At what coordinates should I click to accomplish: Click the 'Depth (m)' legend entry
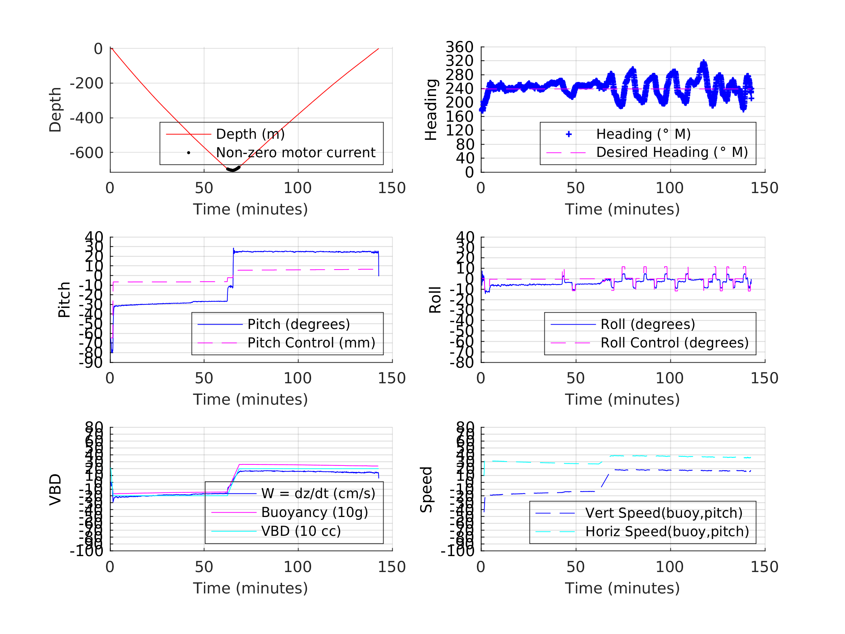tap(250, 134)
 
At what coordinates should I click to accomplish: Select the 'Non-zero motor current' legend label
tap(296, 153)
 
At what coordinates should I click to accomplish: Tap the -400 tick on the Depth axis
tap(86, 118)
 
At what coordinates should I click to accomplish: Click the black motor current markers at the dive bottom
tap(233, 169)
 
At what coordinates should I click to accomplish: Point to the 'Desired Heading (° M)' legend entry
tap(672, 152)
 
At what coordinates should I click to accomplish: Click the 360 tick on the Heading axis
tap(460, 47)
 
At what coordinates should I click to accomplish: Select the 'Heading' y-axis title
tap(431, 110)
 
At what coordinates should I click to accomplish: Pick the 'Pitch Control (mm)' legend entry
tap(311, 343)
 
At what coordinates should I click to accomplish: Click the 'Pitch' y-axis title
tap(64, 300)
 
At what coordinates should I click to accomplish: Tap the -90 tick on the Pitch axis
tap(91, 362)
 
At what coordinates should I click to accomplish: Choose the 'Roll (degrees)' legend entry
tap(648, 324)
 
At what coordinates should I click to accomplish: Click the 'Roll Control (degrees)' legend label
tap(674, 343)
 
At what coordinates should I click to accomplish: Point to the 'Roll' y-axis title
tap(435, 300)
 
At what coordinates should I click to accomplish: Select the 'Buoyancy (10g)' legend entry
tap(314, 512)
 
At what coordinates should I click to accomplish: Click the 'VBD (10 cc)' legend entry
tap(301, 531)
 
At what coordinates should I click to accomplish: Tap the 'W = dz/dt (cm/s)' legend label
tap(318, 493)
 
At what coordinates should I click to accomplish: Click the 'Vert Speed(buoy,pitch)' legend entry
tap(664, 513)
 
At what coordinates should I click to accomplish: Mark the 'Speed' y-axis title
tap(426, 489)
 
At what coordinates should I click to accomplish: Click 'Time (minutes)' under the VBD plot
tap(250, 588)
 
